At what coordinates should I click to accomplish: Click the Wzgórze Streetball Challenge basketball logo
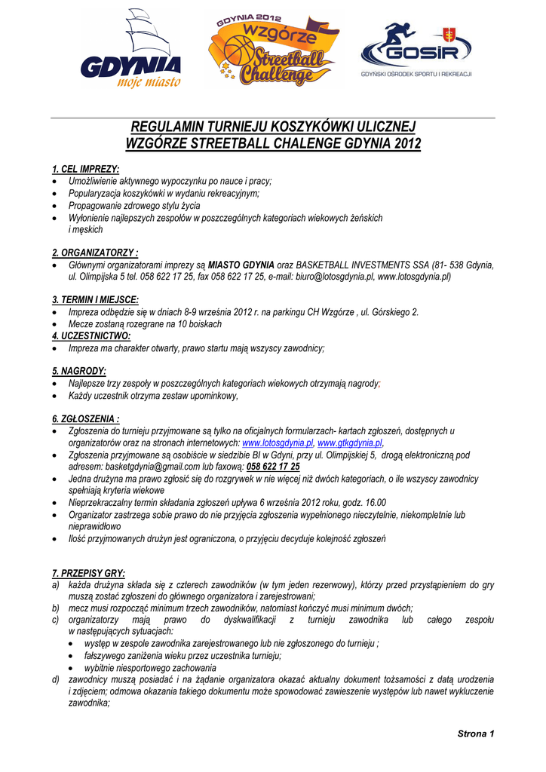[273, 49]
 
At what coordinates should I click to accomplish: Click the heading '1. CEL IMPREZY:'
[85, 169]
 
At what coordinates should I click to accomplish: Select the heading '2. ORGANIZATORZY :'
[95, 253]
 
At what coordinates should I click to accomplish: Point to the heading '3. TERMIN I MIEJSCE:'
[95, 299]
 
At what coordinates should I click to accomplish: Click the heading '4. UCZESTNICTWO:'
[91, 335]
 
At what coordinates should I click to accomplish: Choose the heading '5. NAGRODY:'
[79, 372]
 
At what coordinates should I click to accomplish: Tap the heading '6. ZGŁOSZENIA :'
[86, 418]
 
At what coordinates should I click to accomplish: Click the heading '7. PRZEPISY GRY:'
[88, 573]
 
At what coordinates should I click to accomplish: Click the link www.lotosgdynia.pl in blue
[277, 443]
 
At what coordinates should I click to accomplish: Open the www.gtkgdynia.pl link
[350, 443]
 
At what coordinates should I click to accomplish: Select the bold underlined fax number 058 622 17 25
[273, 467]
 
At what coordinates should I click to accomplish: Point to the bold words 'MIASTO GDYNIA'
[241, 265]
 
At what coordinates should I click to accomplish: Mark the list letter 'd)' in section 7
[56, 680]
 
